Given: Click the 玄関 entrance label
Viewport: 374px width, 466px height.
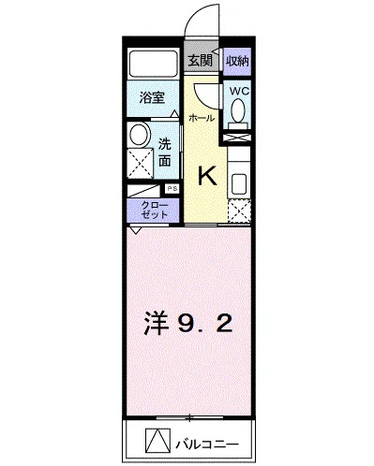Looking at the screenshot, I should (x=199, y=61).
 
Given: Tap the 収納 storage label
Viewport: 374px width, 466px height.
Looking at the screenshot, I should (x=237, y=61).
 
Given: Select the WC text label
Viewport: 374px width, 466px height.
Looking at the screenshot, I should (x=238, y=91).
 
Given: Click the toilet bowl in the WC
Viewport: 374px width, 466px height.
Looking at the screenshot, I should (x=238, y=110).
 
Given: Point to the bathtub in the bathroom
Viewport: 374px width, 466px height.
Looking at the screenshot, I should (x=153, y=63).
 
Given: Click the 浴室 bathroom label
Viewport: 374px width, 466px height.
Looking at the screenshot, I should (x=153, y=96).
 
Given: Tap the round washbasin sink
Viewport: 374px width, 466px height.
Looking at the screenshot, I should (x=139, y=135).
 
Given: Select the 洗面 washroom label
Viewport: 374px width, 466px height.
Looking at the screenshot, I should (x=164, y=152).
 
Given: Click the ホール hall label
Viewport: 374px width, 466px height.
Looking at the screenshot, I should (x=200, y=119).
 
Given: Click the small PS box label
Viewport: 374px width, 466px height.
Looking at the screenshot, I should (x=172, y=188).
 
